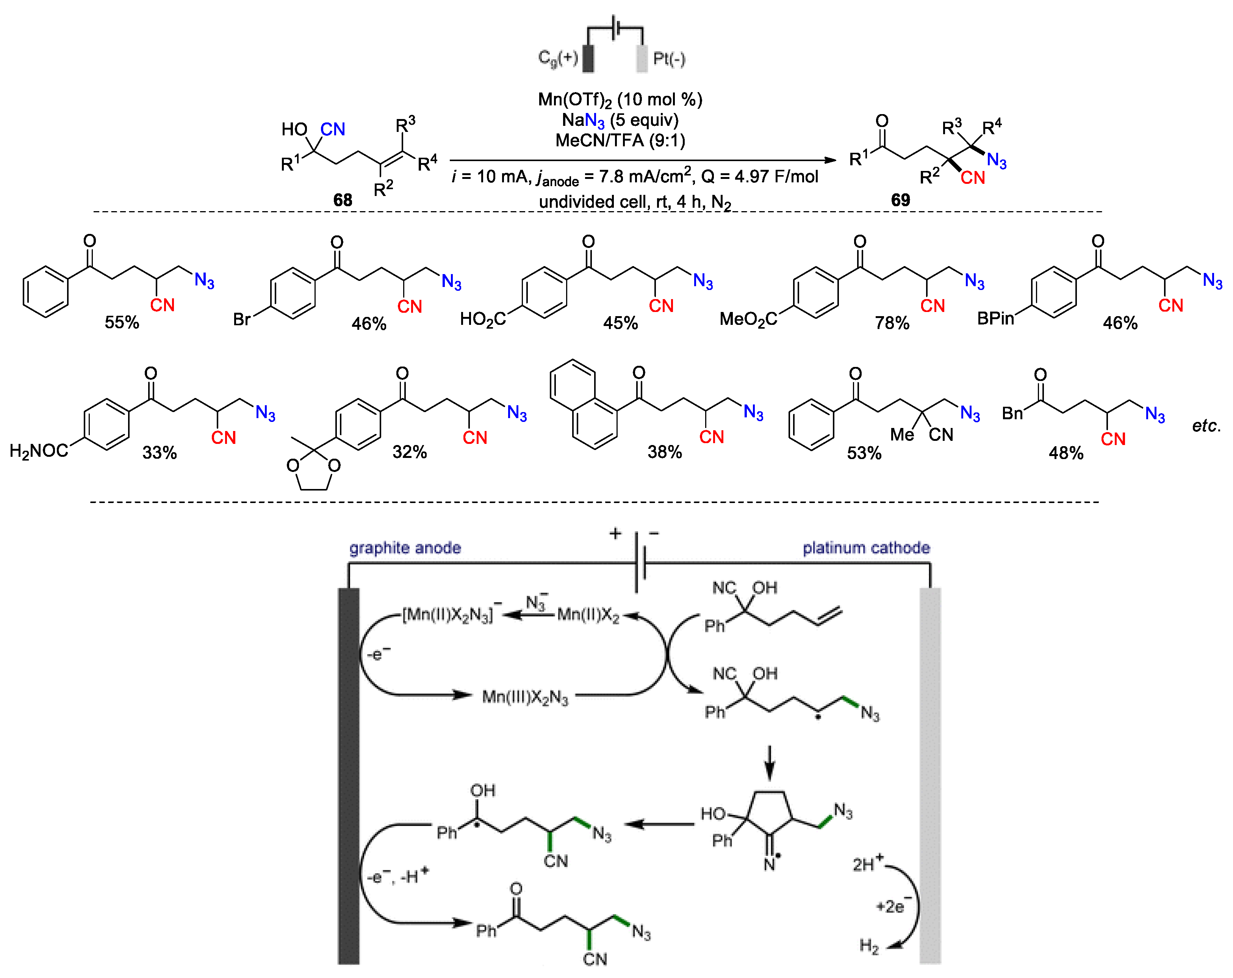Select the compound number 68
[x=343, y=200]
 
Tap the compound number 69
[x=900, y=200]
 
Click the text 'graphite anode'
[x=405, y=548]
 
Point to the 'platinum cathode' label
[x=866, y=548]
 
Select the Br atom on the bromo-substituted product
[x=241, y=319]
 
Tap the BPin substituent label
[x=995, y=318]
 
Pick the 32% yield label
[x=410, y=452]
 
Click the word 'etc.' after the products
[x=1206, y=426]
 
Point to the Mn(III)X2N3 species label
[x=525, y=697]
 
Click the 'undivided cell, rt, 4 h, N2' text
[x=635, y=202]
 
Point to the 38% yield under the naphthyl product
[x=665, y=452]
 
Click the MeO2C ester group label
[x=748, y=319]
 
